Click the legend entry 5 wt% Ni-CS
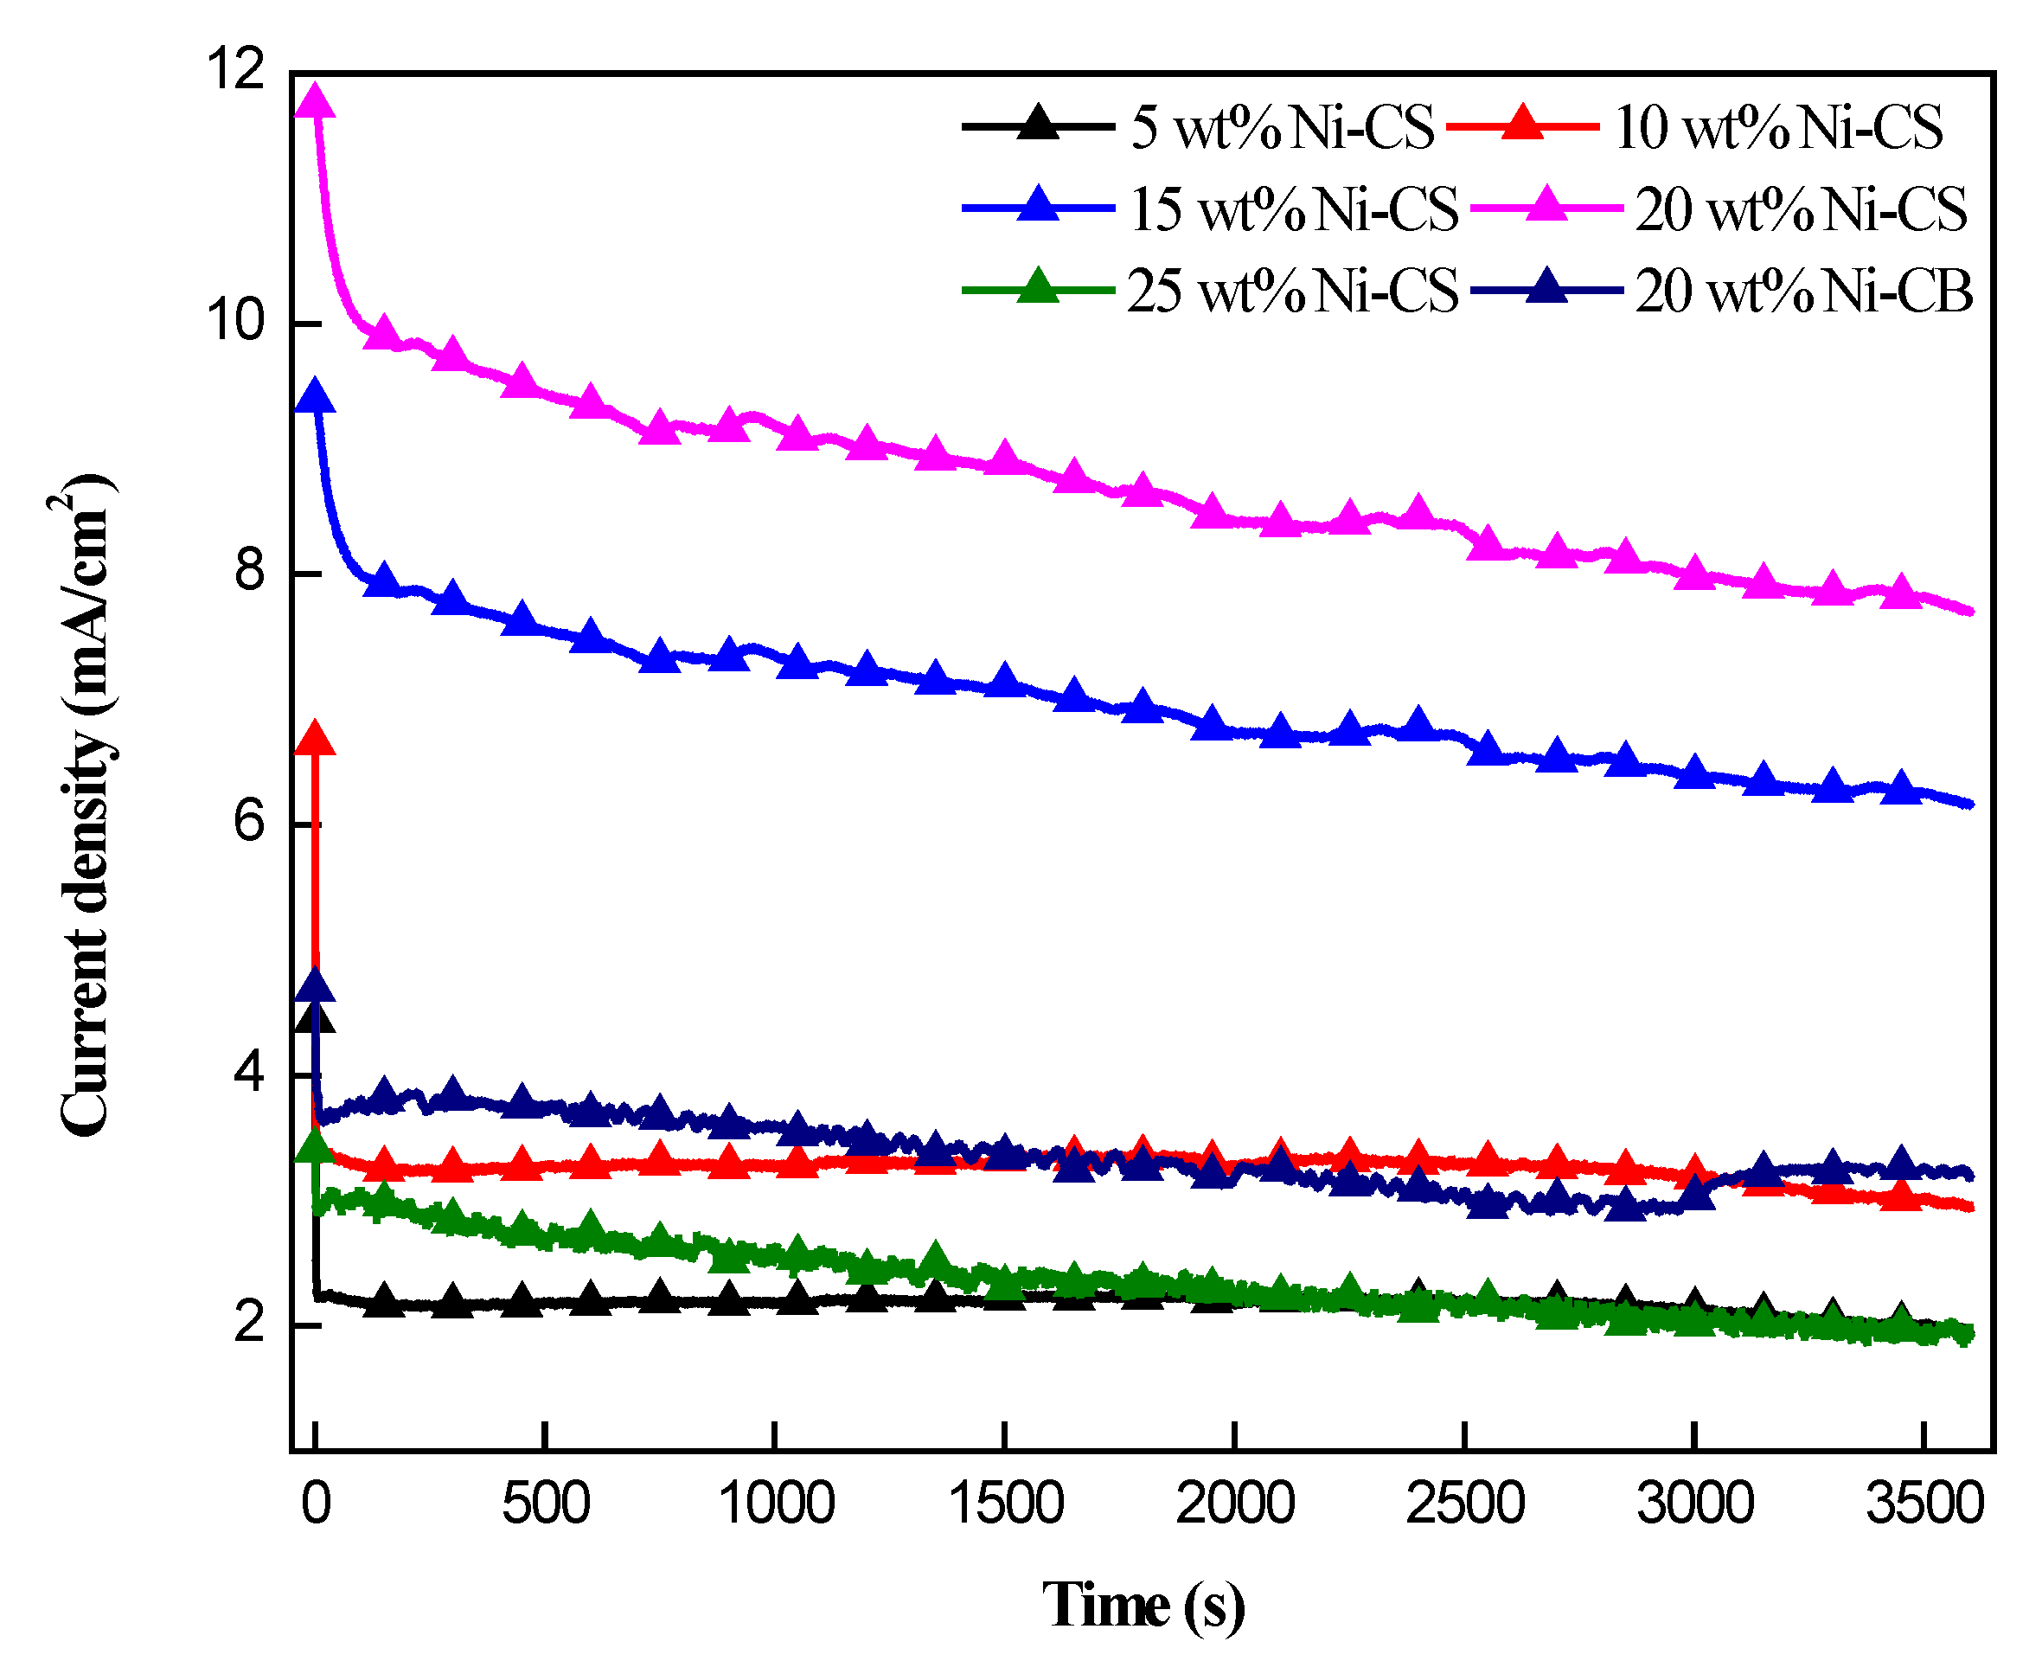[x=1282, y=126]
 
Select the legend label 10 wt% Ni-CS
[x=1778, y=126]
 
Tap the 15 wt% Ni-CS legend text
[x=1293, y=208]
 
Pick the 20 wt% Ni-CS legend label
[x=1800, y=208]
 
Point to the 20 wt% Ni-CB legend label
[x=1803, y=290]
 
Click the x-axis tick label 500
[x=545, y=1504]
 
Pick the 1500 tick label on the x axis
[x=1005, y=1504]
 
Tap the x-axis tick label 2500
[x=1464, y=1504]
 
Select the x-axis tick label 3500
[x=1924, y=1504]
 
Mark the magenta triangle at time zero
[x=315, y=101]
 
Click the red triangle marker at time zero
[x=315, y=739]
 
